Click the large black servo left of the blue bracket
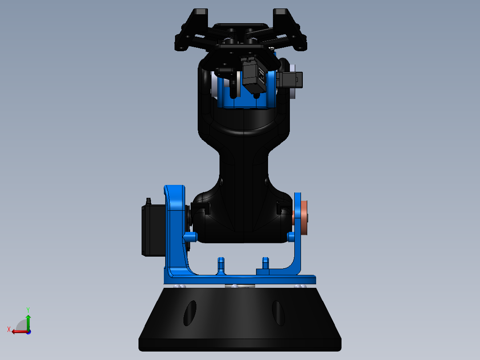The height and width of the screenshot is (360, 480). [153, 230]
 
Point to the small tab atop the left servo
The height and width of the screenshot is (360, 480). [148, 201]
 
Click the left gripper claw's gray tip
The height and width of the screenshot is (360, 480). [201, 12]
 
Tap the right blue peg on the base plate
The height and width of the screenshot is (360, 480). [266, 265]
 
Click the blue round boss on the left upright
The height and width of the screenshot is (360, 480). [190, 236]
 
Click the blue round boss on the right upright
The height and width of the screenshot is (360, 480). [292, 236]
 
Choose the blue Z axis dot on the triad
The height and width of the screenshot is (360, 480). [28, 331]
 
